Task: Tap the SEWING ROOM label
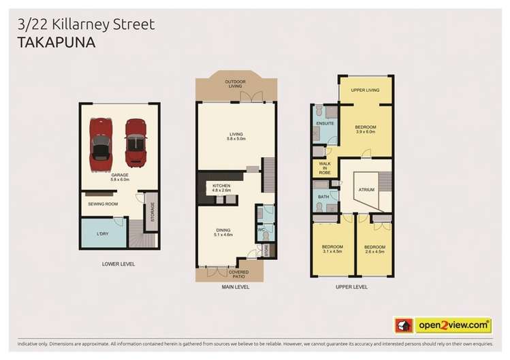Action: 103,203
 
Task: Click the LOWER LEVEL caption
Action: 119,263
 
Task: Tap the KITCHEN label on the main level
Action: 222,188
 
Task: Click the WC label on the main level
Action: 260,230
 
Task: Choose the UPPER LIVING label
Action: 365,90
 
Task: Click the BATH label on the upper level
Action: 324,197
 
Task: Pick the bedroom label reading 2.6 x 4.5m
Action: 374,249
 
